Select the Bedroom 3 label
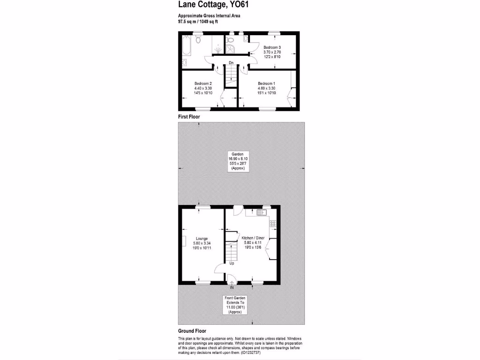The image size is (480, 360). tap(272, 48)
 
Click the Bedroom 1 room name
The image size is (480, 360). tap(266, 83)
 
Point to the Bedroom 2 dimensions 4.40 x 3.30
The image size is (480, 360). tap(203, 88)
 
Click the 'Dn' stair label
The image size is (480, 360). tap(231, 63)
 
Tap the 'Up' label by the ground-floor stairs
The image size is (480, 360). tap(232, 263)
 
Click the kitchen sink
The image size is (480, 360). tap(262, 213)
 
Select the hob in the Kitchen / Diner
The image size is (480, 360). tap(273, 223)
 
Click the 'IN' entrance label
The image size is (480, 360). tap(232, 287)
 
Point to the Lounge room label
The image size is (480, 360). tap(202, 239)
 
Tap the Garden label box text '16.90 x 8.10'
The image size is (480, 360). tap(238, 159)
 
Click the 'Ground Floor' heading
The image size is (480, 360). tap(192, 331)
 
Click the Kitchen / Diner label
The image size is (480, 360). tap(253, 238)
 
